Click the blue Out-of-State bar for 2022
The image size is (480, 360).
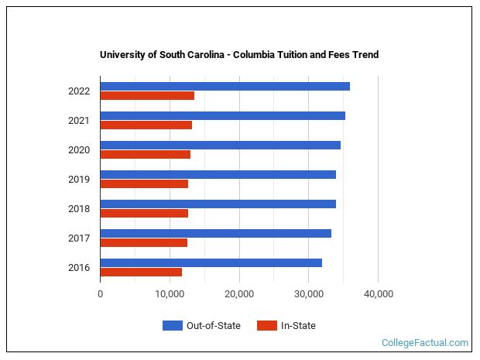point(225,86)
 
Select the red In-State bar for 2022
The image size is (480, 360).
point(147,96)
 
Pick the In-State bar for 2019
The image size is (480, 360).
point(144,184)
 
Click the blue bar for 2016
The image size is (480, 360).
point(211,262)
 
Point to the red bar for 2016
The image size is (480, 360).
point(141,273)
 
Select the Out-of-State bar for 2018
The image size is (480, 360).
point(218,204)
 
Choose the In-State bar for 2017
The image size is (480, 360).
point(143,243)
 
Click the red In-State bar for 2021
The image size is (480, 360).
point(146,125)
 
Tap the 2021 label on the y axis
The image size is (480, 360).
point(79,121)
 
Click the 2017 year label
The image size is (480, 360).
point(79,238)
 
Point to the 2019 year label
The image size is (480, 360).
point(79,180)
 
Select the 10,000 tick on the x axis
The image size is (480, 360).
point(170,294)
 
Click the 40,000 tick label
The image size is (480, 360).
point(378,294)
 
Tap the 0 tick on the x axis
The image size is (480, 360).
point(101,294)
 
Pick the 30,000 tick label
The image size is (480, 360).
point(308,294)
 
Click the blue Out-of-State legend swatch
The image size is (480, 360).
point(172,326)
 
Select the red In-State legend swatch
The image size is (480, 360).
point(266,326)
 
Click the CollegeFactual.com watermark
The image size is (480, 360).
point(425,342)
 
